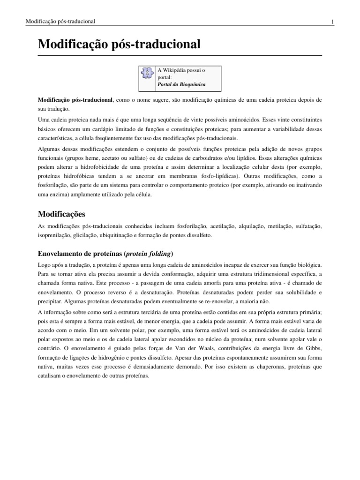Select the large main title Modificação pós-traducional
119,45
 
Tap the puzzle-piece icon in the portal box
147,74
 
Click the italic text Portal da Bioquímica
181,85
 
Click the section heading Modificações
61,214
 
